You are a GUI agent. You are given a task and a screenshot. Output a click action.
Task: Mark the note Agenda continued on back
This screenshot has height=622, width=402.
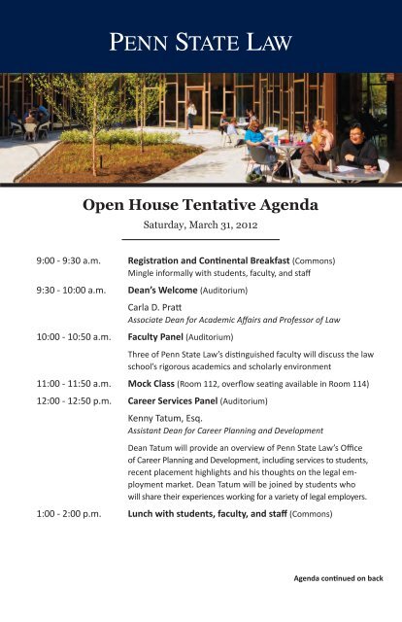(x=338, y=578)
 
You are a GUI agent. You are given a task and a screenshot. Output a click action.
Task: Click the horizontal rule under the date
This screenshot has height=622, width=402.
(x=200, y=238)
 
